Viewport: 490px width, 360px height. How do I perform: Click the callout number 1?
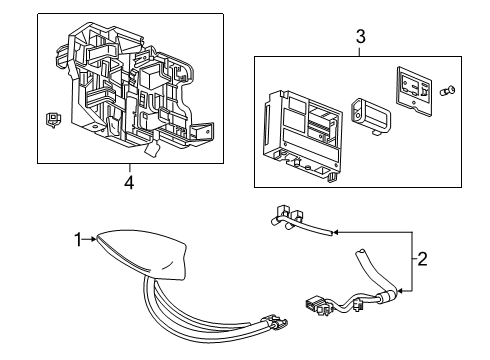click(x=76, y=239)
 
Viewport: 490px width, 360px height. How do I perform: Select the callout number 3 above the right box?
click(x=361, y=37)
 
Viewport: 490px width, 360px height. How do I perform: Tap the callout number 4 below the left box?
click(x=128, y=182)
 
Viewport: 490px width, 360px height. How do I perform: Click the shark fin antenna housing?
click(x=149, y=252)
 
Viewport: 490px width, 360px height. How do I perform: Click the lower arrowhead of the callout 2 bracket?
click(x=402, y=292)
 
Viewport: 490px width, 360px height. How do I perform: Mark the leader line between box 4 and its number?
click(x=128, y=168)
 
